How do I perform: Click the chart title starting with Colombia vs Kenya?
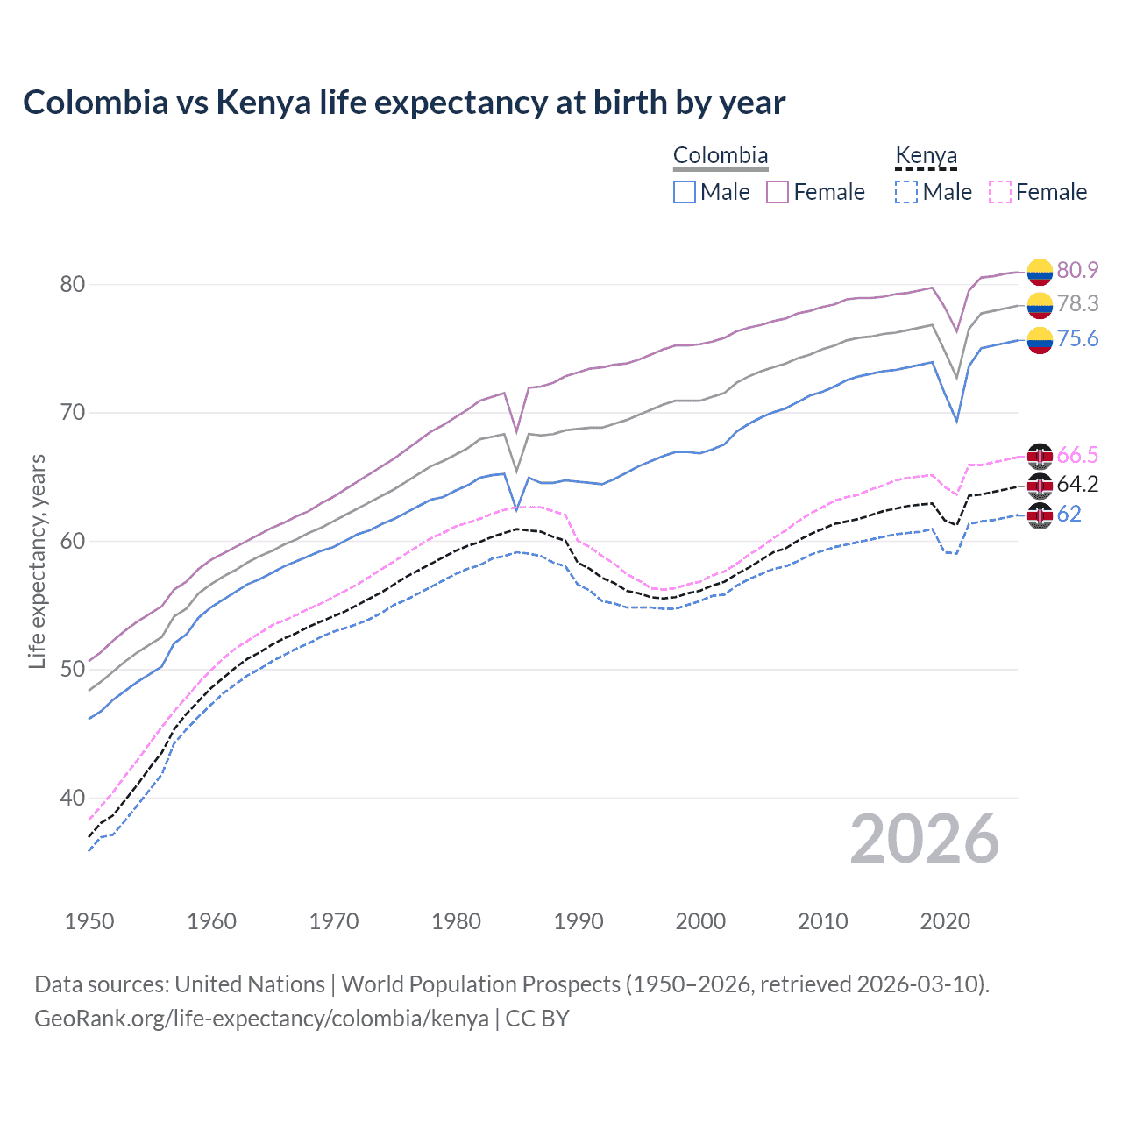point(404,103)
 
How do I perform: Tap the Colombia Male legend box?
point(685,192)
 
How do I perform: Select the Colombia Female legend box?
point(778,192)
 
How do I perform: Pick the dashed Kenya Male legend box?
point(906,192)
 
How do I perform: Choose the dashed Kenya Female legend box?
point(999,192)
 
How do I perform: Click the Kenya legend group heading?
point(926,156)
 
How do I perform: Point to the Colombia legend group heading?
point(721,156)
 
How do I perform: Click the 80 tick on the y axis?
point(73,284)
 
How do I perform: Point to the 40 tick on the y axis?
point(73,798)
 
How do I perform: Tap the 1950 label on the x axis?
point(89,921)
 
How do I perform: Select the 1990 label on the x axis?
point(579,921)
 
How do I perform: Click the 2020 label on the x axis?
point(945,921)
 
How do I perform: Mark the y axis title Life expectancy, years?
point(37,561)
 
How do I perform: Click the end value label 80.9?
point(1077,270)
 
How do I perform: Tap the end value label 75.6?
point(1077,339)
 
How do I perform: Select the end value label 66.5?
point(1077,455)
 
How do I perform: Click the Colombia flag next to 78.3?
point(1040,304)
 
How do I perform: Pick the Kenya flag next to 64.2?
point(1040,485)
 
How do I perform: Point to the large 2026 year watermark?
point(925,840)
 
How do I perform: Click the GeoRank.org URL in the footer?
point(261,1019)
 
